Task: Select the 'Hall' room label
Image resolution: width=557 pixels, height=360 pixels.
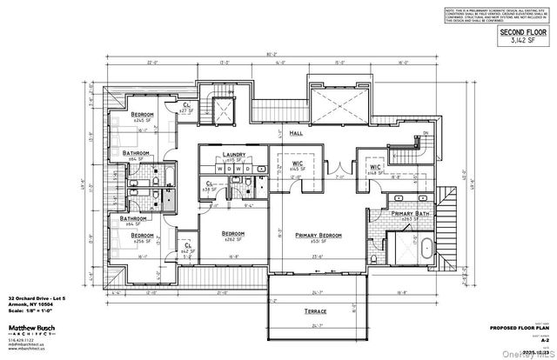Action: point(295,135)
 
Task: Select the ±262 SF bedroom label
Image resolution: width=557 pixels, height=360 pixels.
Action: point(232,233)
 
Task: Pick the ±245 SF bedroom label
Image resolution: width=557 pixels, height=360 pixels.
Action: point(142,115)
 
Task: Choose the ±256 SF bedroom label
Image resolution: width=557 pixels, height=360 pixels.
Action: point(143,236)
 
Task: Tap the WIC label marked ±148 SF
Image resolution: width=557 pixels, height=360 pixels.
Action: point(376,168)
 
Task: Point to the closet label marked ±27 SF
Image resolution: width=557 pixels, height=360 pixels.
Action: point(185,109)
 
